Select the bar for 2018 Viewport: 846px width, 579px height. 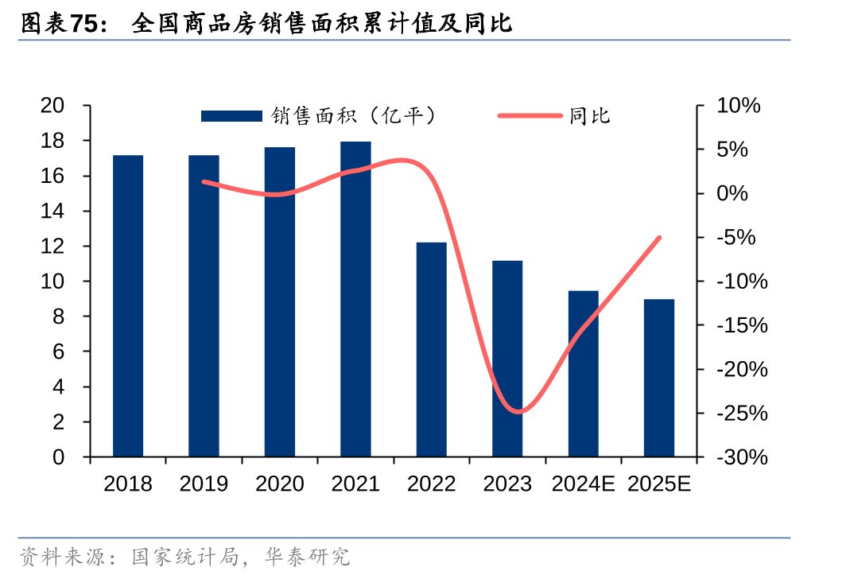(128, 306)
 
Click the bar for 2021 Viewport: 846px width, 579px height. (355, 299)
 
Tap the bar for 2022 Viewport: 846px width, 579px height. (432, 350)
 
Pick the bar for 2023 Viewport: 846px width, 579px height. (507, 359)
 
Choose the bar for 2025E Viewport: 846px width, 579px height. (659, 378)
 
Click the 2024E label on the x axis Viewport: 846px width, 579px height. (584, 484)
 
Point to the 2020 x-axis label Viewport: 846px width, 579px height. (280, 484)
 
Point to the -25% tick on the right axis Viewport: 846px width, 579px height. (742, 414)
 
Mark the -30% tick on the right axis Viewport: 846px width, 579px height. (742, 457)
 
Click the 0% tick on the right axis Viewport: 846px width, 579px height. (733, 193)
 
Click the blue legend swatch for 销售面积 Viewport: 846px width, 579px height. (231, 116)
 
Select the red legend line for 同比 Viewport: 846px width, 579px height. (530, 116)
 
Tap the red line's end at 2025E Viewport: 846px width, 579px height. (659, 237)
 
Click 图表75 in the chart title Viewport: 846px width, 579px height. (61, 24)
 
